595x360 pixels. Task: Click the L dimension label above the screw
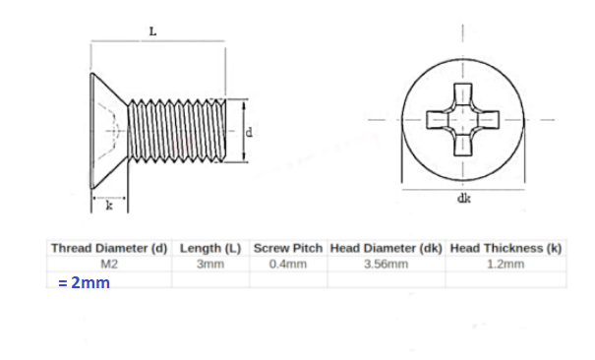pyautogui.click(x=152, y=31)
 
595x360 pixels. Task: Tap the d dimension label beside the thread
pyautogui.click(x=249, y=132)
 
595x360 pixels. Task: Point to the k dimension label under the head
pyautogui.click(x=109, y=206)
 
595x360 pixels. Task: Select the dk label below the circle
pyautogui.click(x=463, y=198)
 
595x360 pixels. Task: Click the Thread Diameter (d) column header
pyautogui.click(x=109, y=248)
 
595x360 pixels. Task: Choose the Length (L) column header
pyautogui.click(x=210, y=248)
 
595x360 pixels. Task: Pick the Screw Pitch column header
pyautogui.click(x=288, y=248)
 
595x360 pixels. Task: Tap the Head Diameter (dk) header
pyautogui.click(x=386, y=248)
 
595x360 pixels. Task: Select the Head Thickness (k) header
pyautogui.click(x=506, y=248)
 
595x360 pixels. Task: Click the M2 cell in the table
pyautogui.click(x=109, y=264)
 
